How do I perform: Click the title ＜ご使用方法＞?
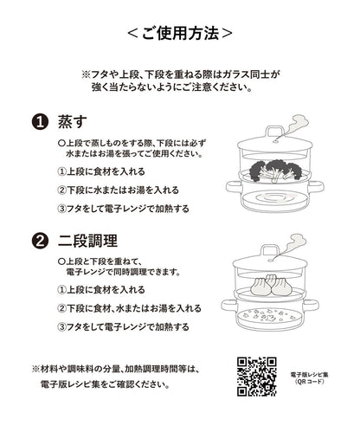coord(180,33)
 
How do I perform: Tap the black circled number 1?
coord(39,122)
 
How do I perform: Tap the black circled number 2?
coord(39,241)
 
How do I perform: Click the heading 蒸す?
coord(73,122)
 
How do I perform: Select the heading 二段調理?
coord(87,241)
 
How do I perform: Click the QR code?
coord(257,377)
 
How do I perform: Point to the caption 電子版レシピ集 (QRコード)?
coord(310,378)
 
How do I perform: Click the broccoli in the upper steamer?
coord(275,171)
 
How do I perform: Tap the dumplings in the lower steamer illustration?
coord(271,285)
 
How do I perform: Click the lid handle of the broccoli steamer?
coord(274,132)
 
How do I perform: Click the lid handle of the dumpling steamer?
coord(270,250)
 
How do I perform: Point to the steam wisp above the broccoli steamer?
coord(294,126)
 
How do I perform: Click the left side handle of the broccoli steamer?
coord(232,187)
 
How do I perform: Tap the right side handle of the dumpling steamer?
coord(311,306)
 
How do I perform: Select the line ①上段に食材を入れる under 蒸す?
coord(101,171)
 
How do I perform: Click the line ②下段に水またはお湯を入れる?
coord(118,190)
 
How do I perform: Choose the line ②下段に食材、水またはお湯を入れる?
coord(129,308)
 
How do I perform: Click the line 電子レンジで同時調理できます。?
coord(124,272)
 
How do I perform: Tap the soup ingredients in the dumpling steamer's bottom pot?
coord(269,315)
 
